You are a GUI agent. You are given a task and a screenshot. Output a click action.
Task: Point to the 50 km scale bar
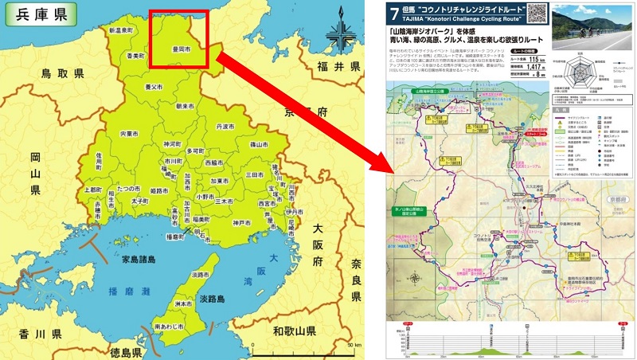pos(303,350)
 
